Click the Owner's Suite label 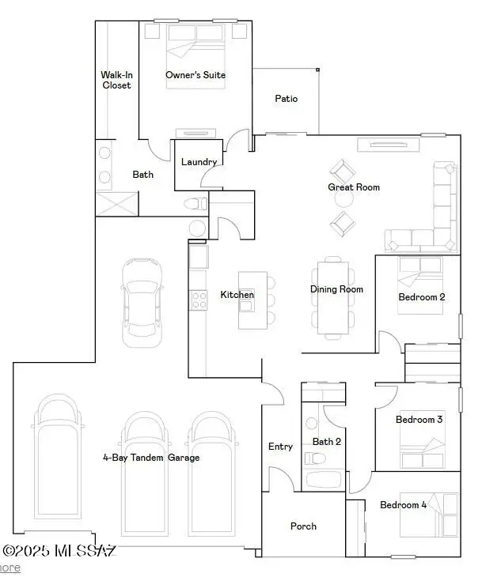pyautogui.click(x=195, y=75)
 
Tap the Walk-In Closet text pyautogui.click(x=116, y=81)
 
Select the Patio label pyautogui.click(x=286, y=99)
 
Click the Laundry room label pyautogui.click(x=199, y=162)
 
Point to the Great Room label pyautogui.click(x=354, y=187)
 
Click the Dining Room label pyautogui.click(x=336, y=289)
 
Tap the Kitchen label pyautogui.click(x=237, y=295)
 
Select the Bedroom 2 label pyautogui.click(x=421, y=297)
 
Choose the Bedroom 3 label pyautogui.click(x=419, y=420)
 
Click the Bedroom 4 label pyautogui.click(x=403, y=505)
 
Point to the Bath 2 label pyautogui.click(x=326, y=441)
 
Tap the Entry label pyautogui.click(x=280, y=447)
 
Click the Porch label pyautogui.click(x=303, y=526)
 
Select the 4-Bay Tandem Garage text pyautogui.click(x=150, y=458)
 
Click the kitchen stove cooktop pyautogui.click(x=197, y=299)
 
